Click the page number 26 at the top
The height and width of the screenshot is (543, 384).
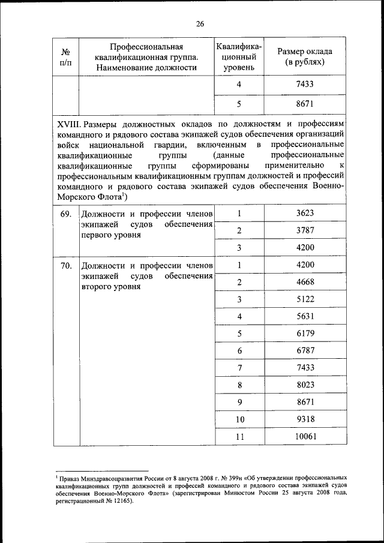coord(200,23)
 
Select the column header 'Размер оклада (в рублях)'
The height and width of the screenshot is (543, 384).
coord(305,56)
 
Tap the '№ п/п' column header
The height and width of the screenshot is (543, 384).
coord(66,58)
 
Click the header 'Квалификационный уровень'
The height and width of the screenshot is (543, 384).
coord(239,56)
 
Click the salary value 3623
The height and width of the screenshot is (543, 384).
coord(305,213)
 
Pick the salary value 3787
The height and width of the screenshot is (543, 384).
coord(305,230)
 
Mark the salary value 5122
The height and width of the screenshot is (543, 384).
coord(305,299)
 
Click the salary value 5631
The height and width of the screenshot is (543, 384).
coord(305,316)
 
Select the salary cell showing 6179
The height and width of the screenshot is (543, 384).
coord(305,333)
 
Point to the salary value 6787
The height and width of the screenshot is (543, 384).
coord(305,350)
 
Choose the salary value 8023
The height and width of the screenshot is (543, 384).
coord(305,385)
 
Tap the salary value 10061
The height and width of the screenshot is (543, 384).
coord(305,437)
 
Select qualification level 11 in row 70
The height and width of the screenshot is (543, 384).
coord(239,437)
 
